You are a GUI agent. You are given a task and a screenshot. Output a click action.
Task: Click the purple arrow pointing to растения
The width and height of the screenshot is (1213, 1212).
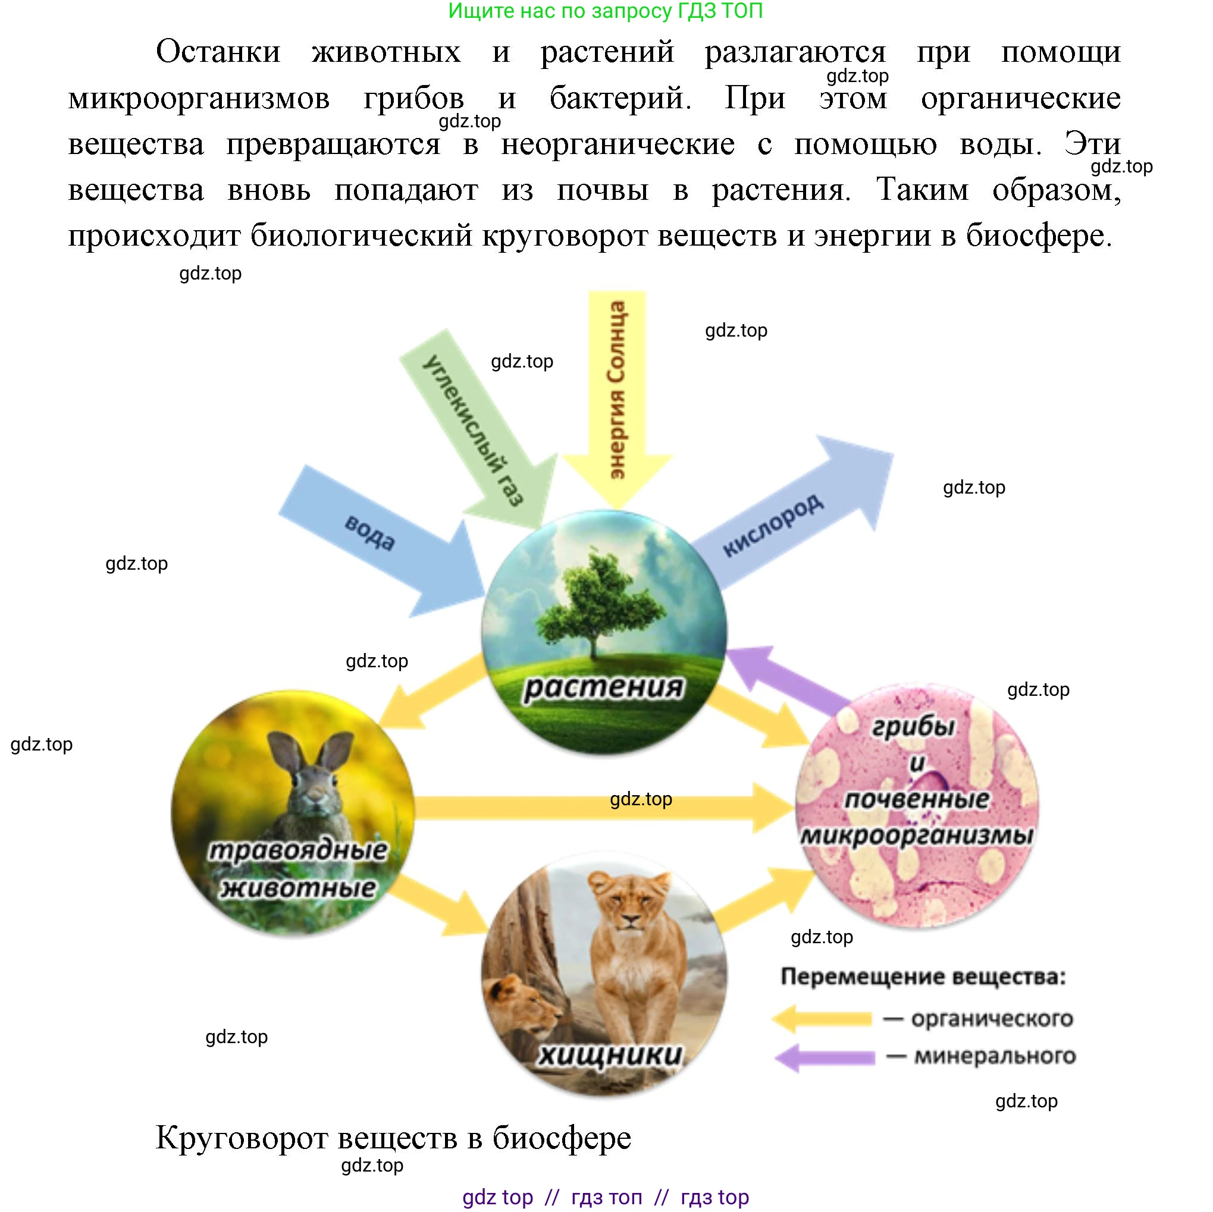pos(785,681)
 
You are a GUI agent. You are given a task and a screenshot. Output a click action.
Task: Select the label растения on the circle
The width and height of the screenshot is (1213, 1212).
pos(603,687)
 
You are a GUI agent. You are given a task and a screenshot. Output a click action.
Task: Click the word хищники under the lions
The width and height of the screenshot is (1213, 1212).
pos(610,1054)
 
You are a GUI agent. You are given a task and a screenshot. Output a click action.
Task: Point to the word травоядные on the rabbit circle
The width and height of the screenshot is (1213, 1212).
pos(297,850)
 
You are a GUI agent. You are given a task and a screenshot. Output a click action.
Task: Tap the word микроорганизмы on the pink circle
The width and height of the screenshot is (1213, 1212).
pos(917,835)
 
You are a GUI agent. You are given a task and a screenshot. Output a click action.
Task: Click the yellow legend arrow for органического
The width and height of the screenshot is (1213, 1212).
pos(823,1018)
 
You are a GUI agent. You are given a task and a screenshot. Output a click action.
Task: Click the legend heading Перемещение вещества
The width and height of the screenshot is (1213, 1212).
pos(923,977)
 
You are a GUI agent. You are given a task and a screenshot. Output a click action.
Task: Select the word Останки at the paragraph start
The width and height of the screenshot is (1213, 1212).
pos(218,52)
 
